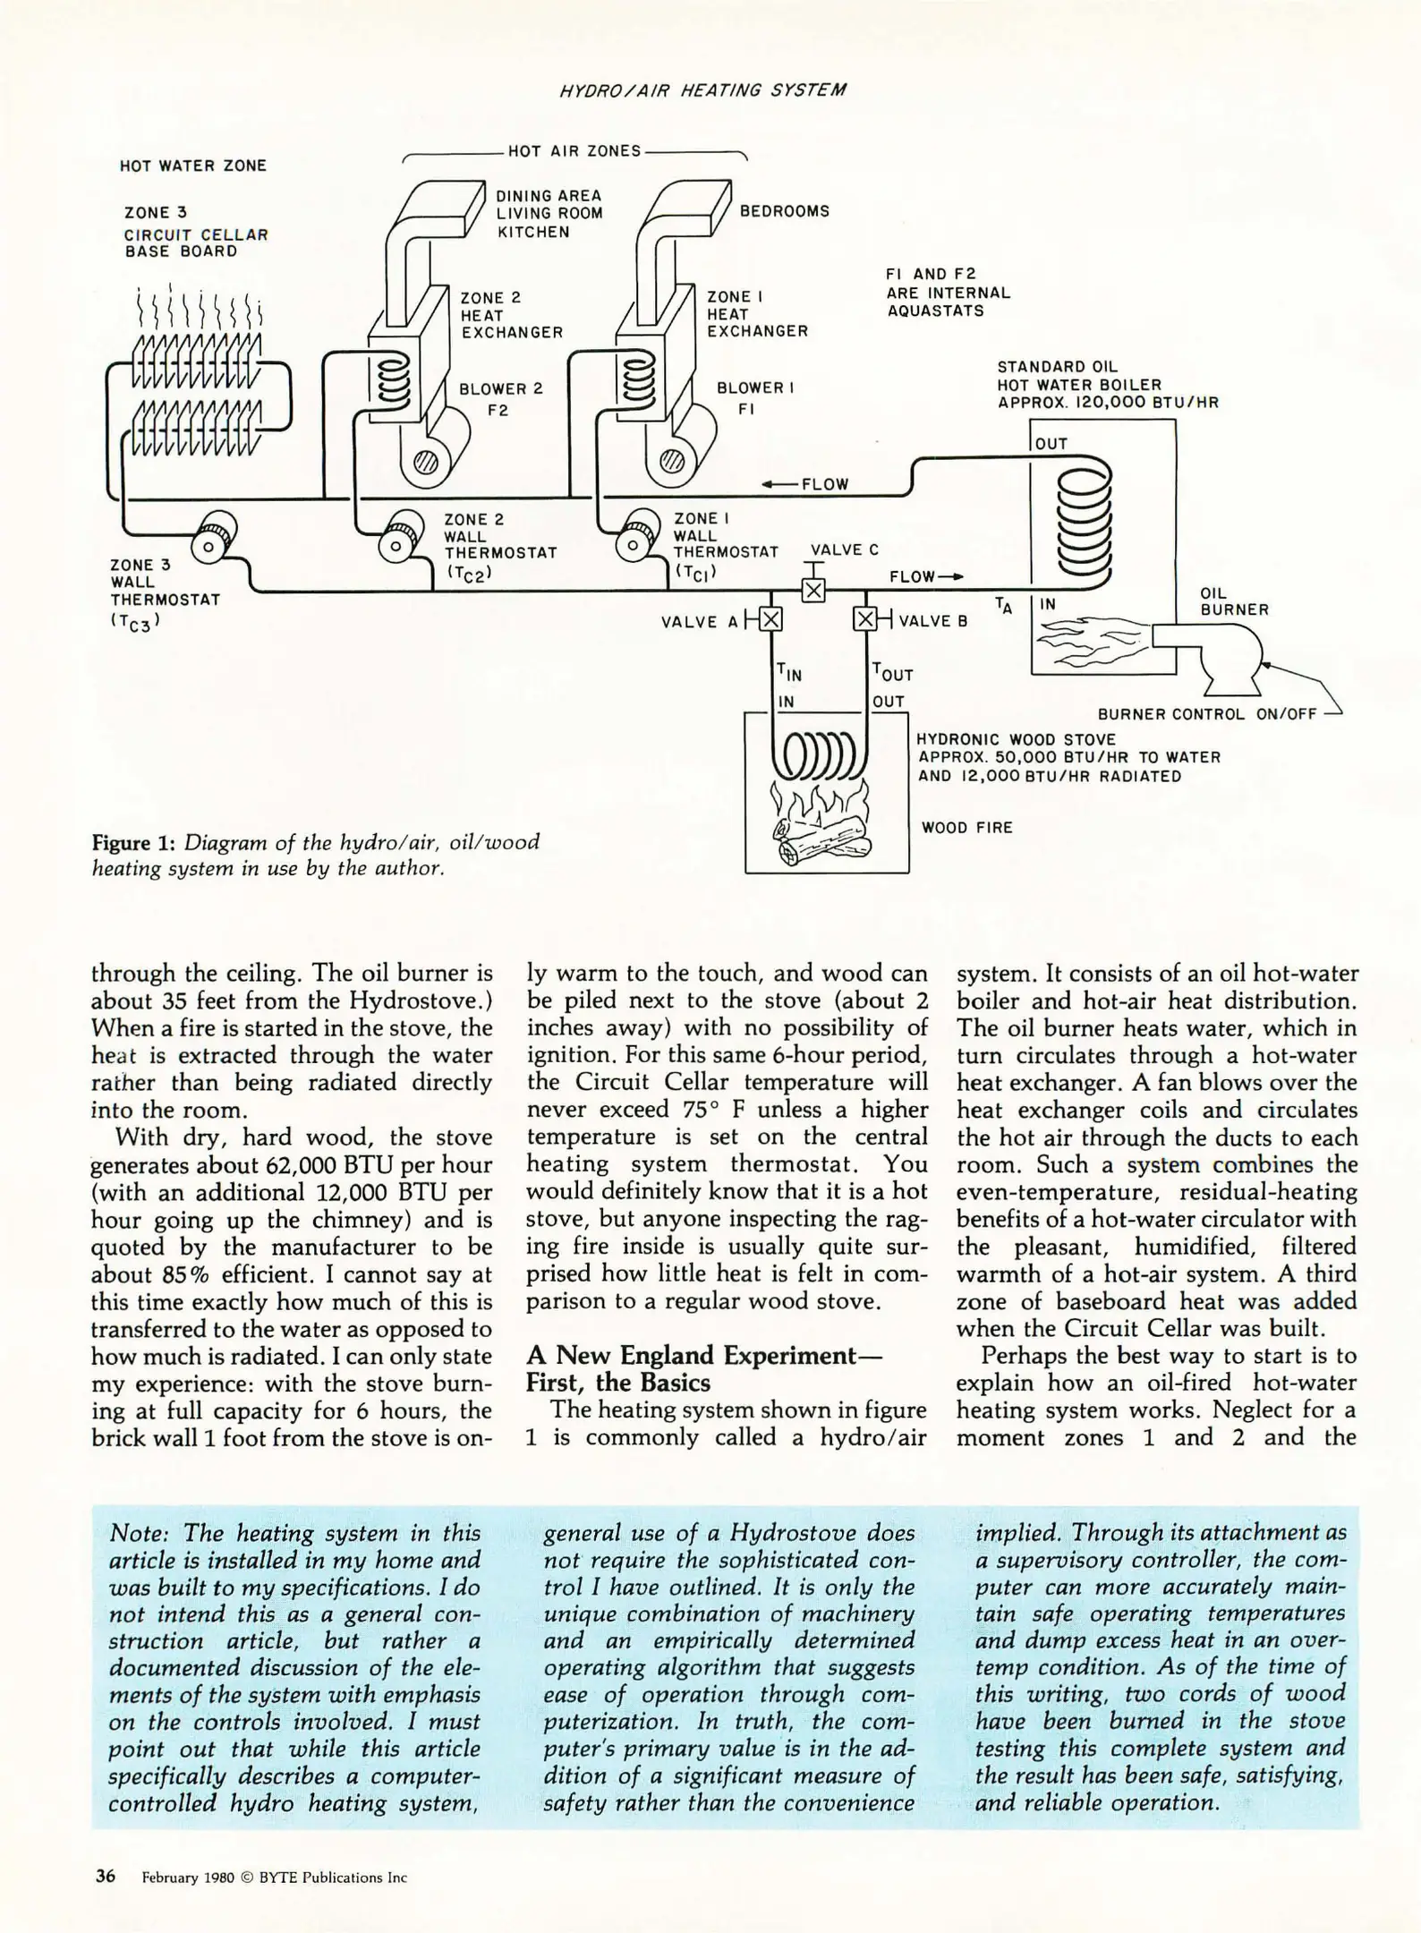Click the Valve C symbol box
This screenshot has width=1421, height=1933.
[813, 591]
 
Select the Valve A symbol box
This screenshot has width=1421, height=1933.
[770, 619]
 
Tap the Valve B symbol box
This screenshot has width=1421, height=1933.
[864, 619]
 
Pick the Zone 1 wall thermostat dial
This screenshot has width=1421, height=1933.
[633, 542]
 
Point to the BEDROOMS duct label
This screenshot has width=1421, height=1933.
[784, 211]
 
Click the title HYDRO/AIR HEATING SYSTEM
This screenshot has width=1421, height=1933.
[702, 90]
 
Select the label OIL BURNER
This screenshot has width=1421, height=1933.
[1233, 601]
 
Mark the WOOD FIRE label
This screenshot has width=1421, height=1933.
[966, 828]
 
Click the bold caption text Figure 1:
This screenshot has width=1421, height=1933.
[134, 843]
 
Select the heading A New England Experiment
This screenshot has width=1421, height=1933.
[703, 1355]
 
